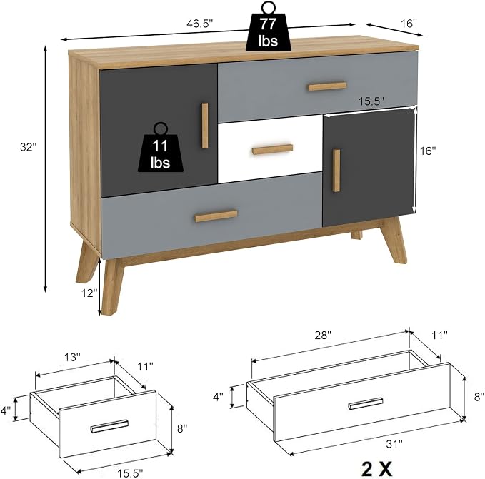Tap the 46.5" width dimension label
pyautogui.click(x=200, y=24)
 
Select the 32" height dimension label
pyautogui.click(x=29, y=147)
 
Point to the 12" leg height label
pyautogui.click(x=89, y=293)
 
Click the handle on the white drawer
pyautogui.click(x=273, y=149)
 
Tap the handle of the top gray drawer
pyautogui.click(x=328, y=86)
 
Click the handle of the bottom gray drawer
pyautogui.click(x=216, y=216)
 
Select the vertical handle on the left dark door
pyautogui.click(x=205, y=126)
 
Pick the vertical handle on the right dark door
pyautogui.click(x=336, y=171)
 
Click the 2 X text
pyautogui.click(x=376, y=469)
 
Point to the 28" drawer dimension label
pyautogui.click(x=323, y=336)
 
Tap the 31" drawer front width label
pyautogui.click(x=394, y=444)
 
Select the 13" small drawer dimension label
pyautogui.click(x=72, y=357)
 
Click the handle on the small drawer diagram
pyautogui.click(x=110, y=426)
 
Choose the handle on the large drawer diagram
pyautogui.click(x=366, y=403)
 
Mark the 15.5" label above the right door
pyautogui.click(x=371, y=101)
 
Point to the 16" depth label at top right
pyautogui.click(x=409, y=23)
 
